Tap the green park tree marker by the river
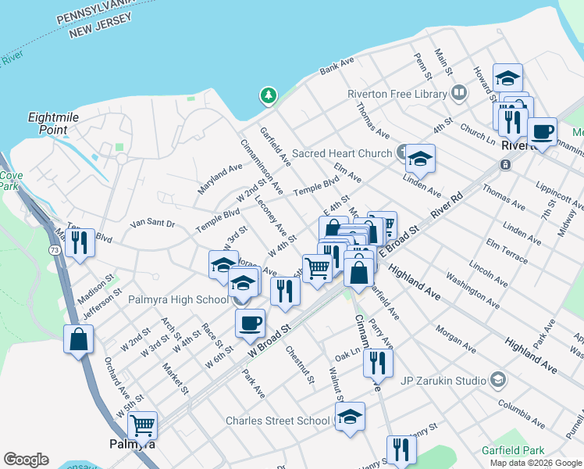[268, 95]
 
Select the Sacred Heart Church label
[341, 153]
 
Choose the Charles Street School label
[277, 421]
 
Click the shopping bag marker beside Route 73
[78, 338]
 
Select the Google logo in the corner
[26, 460]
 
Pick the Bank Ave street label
[337, 66]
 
